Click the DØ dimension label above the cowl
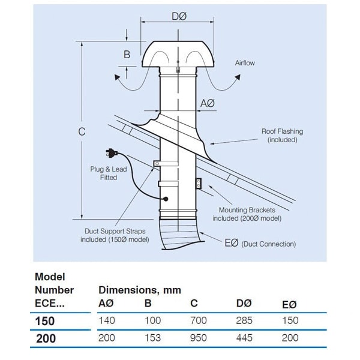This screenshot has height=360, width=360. pyautogui.click(x=179, y=16)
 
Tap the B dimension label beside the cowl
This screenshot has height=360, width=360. pyautogui.click(x=127, y=55)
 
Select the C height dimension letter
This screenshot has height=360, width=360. pyautogui.click(x=82, y=132)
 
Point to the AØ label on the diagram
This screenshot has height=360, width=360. pyautogui.click(x=208, y=103)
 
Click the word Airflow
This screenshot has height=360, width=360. pyautogui.click(x=245, y=63)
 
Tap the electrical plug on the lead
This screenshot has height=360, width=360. pyautogui.click(x=112, y=153)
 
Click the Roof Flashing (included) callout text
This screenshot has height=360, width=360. pyautogui.click(x=283, y=136)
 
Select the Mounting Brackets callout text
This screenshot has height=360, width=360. pyautogui.click(x=247, y=214)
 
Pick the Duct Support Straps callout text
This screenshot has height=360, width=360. pyautogui.click(x=115, y=235)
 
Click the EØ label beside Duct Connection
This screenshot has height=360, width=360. pyautogui.click(x=232, y=242)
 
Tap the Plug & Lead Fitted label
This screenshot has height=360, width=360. pyautogui.click(x=109, y=173)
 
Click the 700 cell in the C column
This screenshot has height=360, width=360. pyautogui.click(x=199, y=320)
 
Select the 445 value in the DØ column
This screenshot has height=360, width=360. pyautogui.click(x=244, y=338)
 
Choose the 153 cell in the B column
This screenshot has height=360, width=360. pyautogui.click(x=152, y=338)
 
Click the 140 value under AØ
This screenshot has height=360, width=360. pyautogui.click(x=107, y=320)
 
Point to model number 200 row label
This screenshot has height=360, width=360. pyautogui.click(x=46, y=338)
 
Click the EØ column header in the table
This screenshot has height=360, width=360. pyautogui.click(x=289, y=304)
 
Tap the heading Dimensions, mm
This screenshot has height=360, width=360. pyautogui.click(x=140, y=290)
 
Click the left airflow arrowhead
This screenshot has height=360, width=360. pyautogui.click(x=118, y=77)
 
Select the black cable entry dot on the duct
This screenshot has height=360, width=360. pyautogui.click(x=166, y=199)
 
